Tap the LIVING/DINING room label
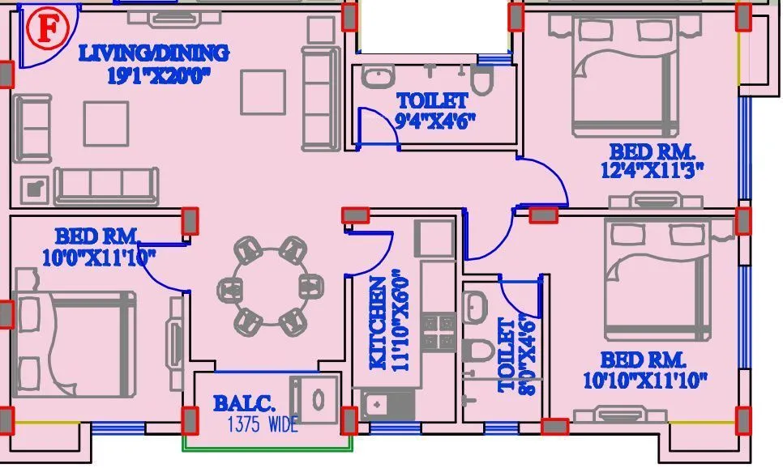(x=153, y=54)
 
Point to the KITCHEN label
(x=379, y=324)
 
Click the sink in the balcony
(x=316, y=400)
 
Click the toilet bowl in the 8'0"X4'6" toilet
(x=480, y=351)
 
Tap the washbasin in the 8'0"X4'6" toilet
(x=475, y=306)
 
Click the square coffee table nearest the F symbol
(x=106, y=125)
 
